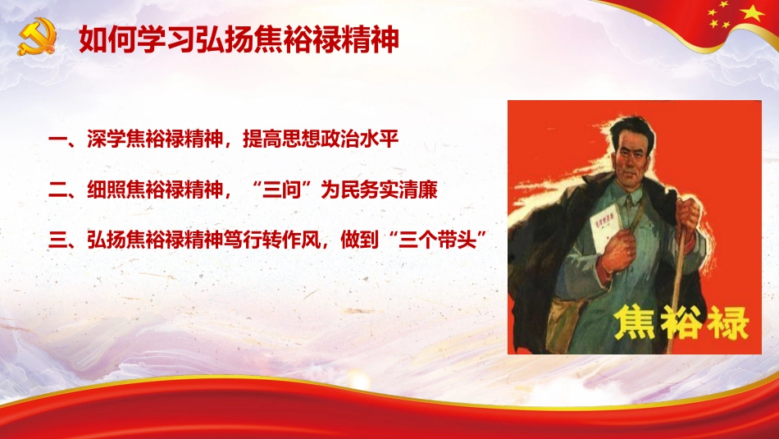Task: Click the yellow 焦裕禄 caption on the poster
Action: point(681,322)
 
